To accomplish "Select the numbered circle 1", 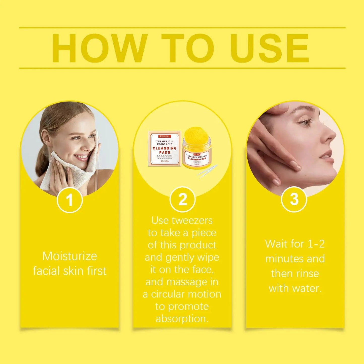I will (70, 200).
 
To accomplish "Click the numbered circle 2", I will (182, 200).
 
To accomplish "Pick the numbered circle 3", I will (294, 200).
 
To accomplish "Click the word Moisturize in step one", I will (70, 256).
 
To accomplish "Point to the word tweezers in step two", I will (192, 220).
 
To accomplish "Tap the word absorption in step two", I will (182, 319).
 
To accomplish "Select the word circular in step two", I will (168, 294).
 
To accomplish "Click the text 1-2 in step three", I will (316, 244).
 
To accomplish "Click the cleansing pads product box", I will (164, 149).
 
